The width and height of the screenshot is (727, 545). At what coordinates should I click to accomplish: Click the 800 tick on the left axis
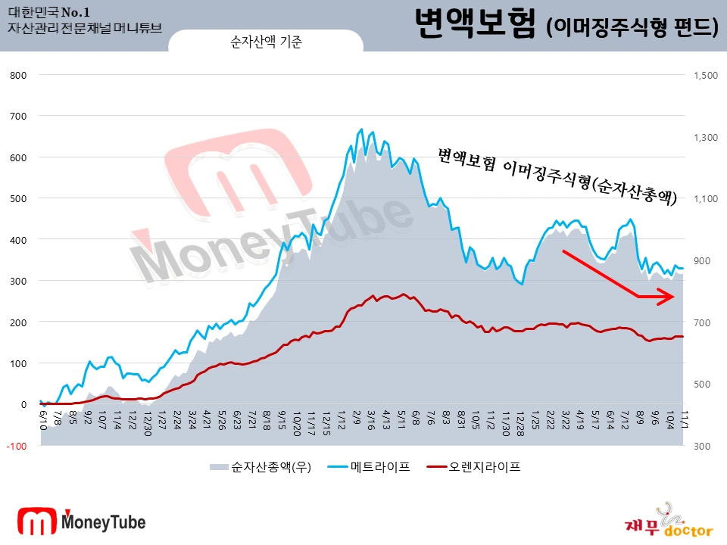[19, 75]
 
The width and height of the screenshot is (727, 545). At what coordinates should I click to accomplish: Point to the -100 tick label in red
[17, 446]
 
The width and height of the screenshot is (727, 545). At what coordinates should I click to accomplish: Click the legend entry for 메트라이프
[380, 467]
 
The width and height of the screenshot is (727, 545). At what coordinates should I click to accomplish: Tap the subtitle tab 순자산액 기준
[266, 43]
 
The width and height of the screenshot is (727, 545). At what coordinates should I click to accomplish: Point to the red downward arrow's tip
[675, 297]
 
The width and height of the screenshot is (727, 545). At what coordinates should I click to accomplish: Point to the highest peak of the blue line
[361, 129]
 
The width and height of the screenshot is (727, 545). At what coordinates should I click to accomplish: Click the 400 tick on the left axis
[19, 239]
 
